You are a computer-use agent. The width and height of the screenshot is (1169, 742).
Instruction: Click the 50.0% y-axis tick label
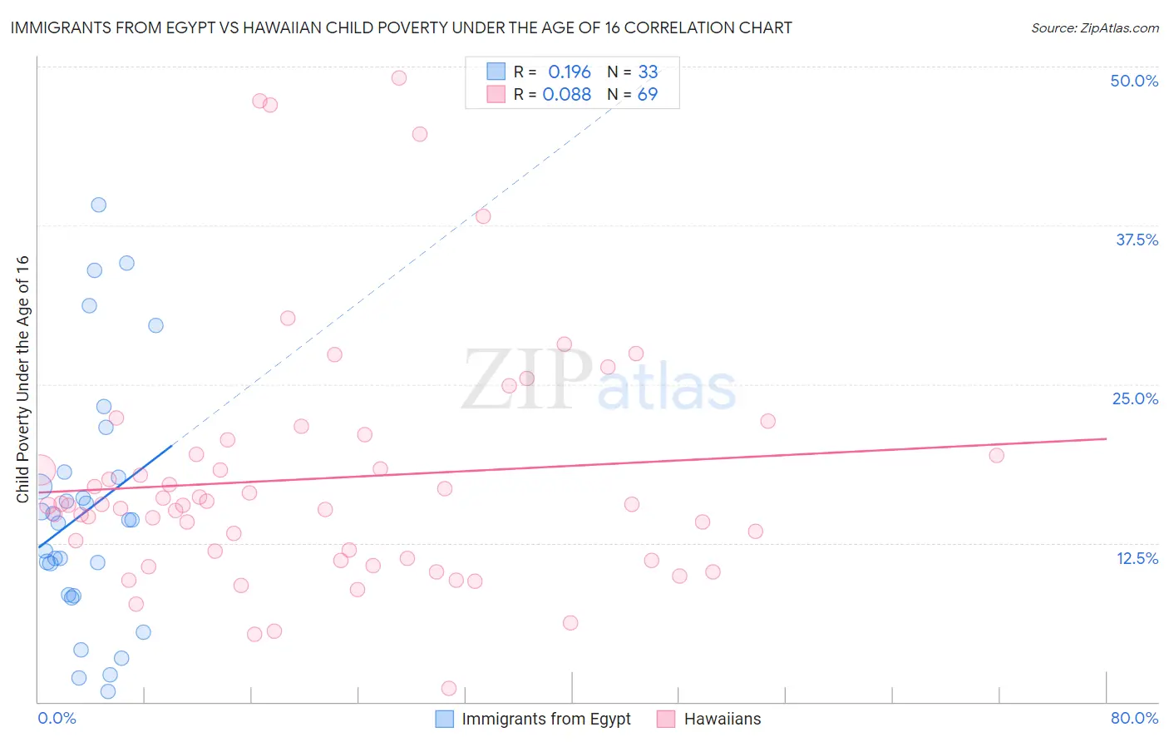[x=1134, y=81]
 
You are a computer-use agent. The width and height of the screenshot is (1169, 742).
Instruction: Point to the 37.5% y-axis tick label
[x=1137, y=240]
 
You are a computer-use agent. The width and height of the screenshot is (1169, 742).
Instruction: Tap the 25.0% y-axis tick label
[x=1135, y=398]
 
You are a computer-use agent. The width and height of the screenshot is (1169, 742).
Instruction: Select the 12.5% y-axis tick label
[x=1137, y=558]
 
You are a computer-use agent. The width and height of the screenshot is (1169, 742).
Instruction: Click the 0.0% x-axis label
[x=57, y=718]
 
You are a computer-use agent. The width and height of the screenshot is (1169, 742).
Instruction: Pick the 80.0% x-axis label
[x=1134, y=718]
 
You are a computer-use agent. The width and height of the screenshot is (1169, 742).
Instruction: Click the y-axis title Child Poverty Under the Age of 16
[x=22, y=378]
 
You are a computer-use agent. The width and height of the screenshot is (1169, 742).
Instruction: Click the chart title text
[x=401, y=27]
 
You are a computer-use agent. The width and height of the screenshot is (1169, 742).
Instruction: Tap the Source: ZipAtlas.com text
[x=1094, y=27]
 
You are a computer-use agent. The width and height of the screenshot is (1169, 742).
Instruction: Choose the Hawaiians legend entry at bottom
[x=722, y=719]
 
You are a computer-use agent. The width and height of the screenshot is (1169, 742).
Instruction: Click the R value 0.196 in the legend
[x=569, y=72]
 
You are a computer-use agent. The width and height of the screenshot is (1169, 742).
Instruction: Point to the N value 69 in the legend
[x=647, y=94]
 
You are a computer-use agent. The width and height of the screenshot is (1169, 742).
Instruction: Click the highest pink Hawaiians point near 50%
[x=399, y=77]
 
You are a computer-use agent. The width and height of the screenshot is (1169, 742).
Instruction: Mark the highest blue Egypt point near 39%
[x=99, y=205]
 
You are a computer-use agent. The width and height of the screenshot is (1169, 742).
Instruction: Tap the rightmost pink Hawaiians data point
[x=996, y=455]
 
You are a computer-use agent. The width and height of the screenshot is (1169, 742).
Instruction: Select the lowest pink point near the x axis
[x=449, y=688]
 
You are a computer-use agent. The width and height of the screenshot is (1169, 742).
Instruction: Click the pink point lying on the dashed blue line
[x=483, y=216]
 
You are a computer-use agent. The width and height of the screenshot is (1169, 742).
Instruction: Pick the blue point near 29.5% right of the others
[x=155, y=325]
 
